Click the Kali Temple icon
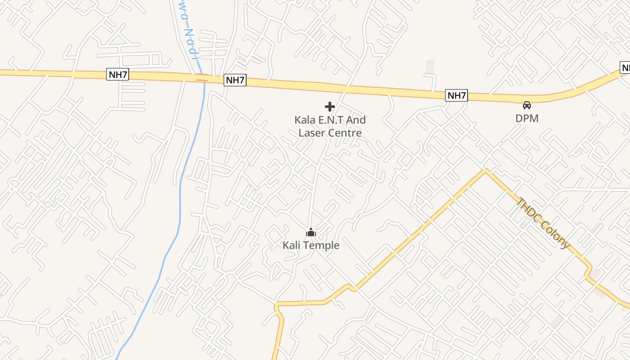point(310,233)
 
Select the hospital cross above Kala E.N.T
point(330,107)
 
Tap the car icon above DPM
point(526,105)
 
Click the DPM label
point(526,118)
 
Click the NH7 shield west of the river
point(117,74)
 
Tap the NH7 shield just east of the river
point(235,80)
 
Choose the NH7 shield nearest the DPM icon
point(456,95)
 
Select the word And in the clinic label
point(355,120)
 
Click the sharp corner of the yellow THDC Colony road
point(485,170)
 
